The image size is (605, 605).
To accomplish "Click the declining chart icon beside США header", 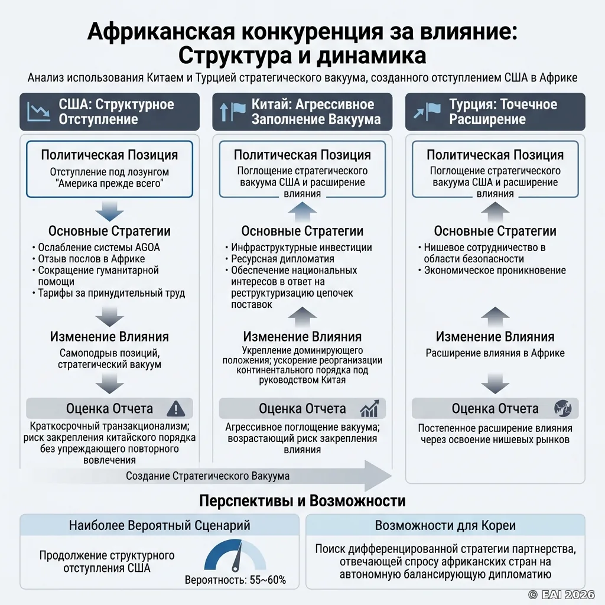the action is click(38, 112).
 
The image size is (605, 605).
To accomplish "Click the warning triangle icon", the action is click(175, 409).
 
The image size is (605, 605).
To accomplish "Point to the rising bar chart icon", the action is click(369, 409).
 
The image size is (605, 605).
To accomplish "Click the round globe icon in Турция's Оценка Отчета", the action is click(563, 408).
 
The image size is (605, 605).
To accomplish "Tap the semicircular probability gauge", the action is click(235, 556).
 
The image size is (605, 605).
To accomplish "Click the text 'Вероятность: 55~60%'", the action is click(235, 580).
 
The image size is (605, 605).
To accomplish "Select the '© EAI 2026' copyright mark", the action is click(561, 594).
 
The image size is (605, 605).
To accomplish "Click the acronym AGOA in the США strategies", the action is click(147, 248).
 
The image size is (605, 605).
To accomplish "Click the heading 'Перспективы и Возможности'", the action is click(302, 501).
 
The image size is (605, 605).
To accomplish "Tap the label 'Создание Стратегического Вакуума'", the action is click(207, 476).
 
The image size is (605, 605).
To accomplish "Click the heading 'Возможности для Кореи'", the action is click(445, 525).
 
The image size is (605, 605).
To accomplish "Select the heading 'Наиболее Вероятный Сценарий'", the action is click(160, 525).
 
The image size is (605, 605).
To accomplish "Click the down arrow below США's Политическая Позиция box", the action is click(109, 212).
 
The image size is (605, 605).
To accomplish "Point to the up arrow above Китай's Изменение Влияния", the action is click(302, 317).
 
